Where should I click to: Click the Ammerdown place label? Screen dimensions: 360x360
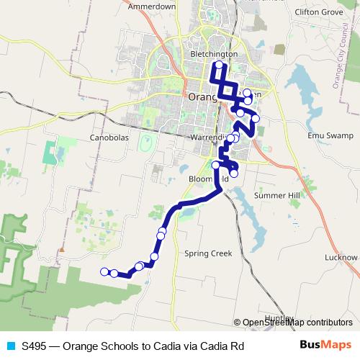coord(151,6)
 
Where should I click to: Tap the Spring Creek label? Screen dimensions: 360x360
coord(208,253)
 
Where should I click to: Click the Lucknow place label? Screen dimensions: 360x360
coord(341,257)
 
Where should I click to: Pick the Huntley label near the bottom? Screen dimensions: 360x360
coord(279,318)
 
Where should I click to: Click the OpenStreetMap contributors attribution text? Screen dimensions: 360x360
coord(297,323)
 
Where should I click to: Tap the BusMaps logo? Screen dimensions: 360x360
coord(325,346)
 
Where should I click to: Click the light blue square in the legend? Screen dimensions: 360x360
coord(9,346)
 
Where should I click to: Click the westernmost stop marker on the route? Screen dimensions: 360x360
coord(104,271)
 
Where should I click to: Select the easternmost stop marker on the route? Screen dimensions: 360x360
coord(256,118)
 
